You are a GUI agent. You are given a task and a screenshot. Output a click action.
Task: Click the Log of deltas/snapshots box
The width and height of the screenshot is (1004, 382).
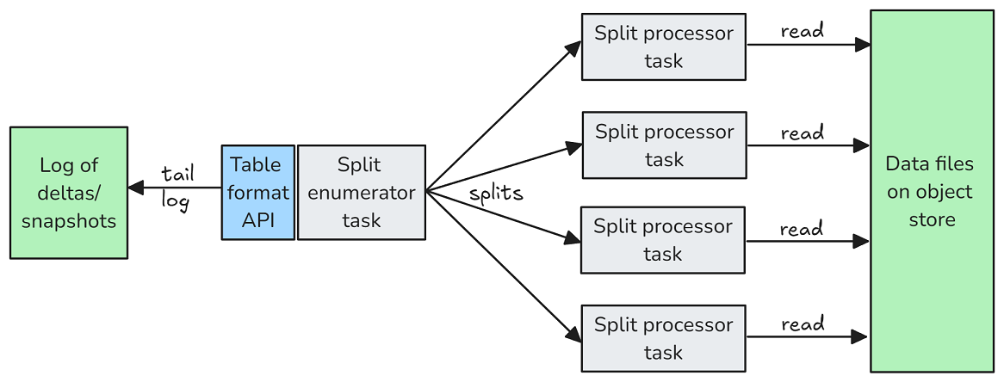69,193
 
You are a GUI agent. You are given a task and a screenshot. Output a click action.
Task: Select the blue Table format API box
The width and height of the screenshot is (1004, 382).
258,193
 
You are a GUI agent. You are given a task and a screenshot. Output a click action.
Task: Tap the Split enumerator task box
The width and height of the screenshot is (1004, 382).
362,193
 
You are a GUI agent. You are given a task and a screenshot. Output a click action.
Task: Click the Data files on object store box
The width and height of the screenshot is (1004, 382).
932,191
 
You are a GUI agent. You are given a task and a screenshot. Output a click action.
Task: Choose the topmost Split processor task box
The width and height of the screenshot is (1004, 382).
663,46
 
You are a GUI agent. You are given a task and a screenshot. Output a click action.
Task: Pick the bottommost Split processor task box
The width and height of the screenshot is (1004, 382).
663,338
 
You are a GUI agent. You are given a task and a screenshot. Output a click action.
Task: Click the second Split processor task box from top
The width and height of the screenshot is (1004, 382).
664,145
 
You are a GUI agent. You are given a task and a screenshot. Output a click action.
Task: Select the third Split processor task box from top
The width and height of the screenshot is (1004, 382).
663,240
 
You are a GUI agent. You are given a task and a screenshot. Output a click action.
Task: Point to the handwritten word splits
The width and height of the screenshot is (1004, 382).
496,194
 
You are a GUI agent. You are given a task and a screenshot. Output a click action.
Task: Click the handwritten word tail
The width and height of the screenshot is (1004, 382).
178,173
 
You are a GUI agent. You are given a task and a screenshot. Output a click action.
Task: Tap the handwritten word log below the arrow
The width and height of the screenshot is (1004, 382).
176,202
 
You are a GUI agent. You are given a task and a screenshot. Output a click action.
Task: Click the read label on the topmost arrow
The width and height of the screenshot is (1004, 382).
803,31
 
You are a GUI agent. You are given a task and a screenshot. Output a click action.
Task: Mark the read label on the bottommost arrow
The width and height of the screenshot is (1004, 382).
803,323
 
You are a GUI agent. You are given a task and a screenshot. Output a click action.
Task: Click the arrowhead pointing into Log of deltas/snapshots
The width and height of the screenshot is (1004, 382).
136,188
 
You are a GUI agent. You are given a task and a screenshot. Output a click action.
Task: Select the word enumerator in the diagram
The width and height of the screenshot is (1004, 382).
361,193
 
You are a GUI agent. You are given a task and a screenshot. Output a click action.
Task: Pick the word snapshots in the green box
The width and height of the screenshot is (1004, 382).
69,221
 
